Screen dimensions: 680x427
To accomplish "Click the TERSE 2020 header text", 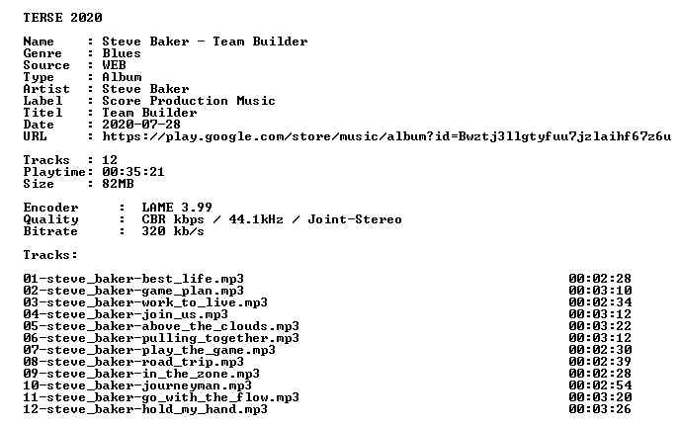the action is tap(63, 18).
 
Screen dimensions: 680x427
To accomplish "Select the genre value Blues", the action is tap(122, 53).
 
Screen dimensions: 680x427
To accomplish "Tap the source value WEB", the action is tap(114, 65).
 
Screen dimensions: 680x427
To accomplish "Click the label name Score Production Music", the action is tap(189, 101).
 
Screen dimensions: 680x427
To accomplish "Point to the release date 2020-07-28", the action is tap(141, 125).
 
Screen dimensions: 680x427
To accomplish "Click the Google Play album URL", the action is tap(386, 136).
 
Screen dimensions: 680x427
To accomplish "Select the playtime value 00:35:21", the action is tap(133, 172).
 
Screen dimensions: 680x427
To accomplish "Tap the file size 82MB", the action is tap(118, 184).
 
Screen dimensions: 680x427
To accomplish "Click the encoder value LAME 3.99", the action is tap(177, 208).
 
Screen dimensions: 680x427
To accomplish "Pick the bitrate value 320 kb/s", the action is tap(173, 231).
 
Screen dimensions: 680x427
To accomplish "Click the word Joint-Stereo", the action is tap(355, 219).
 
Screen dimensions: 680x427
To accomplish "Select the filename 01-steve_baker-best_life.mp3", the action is tap(133, 279).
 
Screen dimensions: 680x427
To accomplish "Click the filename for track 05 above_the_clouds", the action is tap(161, 326).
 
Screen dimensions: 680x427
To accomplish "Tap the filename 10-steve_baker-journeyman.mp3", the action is tap(137, 385).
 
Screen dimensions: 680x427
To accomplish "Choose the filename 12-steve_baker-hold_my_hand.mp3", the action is tap(145, 409).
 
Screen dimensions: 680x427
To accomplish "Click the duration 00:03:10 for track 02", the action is tap(600, 291).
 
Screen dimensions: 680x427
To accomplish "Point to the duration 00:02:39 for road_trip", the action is tap(600, 362).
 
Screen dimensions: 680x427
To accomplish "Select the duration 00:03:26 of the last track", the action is tap(600, 409).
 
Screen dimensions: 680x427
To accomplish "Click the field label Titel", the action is tap(42, 113).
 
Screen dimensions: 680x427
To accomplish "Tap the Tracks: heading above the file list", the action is tap(50, 255).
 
